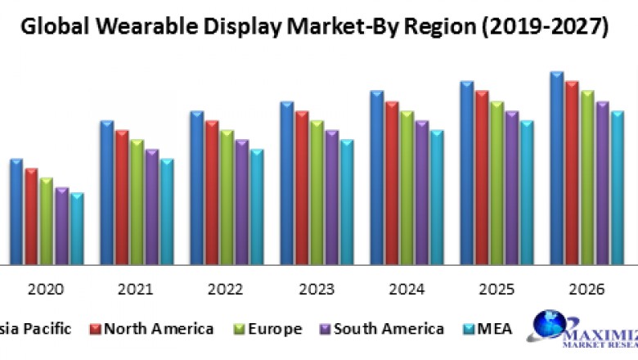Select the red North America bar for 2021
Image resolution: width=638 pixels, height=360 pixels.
point(122,196)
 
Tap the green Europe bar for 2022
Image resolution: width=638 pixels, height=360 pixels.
point(227,196)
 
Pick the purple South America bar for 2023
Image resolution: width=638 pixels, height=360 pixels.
point(332,196)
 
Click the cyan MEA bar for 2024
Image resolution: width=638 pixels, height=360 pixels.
point(437,196)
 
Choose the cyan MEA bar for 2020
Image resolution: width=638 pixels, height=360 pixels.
point(77,228)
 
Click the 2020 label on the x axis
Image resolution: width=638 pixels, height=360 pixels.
point(47,289)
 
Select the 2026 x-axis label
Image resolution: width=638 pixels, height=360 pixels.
point(586,289)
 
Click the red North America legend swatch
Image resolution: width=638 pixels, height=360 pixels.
point(95,329)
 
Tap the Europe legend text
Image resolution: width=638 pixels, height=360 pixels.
point(274,329)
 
